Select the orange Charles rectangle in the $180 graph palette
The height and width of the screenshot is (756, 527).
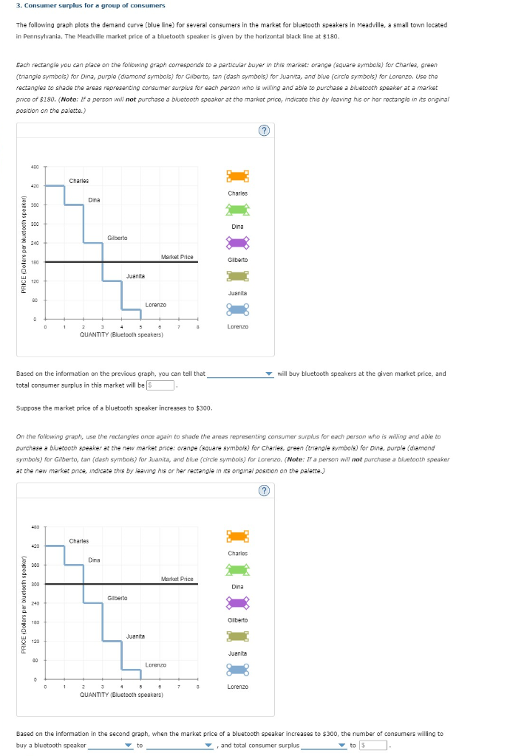(x=237, y=176)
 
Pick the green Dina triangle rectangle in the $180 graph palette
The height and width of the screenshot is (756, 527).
(x=237, y=209)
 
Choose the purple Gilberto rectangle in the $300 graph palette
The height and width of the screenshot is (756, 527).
(x=237, y=602)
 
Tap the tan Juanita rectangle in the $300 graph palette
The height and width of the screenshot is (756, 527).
(x=237, y=636)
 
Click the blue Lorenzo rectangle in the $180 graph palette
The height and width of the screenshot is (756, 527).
(x=237, y=309)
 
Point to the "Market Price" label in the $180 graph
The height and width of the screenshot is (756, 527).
(x=177, y=257)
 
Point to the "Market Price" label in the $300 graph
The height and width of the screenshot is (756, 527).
(x=177, y=579)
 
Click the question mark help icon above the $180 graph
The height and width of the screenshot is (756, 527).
(x=264, y=131)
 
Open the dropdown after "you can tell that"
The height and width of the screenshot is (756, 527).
(x=240, y=374)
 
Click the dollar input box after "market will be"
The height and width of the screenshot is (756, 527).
(x=160, y=385)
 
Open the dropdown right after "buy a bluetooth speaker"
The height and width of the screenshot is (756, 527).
(x=110, y=745)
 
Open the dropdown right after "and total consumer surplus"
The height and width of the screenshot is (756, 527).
(x=323, y=745)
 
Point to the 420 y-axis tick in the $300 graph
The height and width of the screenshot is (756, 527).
(x=35, y=546)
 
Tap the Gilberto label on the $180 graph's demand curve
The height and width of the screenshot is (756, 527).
(x=117, y=238)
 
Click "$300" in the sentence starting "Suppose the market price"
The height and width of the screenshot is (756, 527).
(x=203, y=408)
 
